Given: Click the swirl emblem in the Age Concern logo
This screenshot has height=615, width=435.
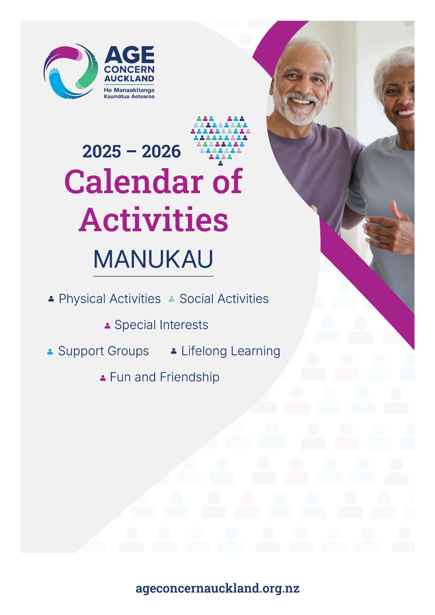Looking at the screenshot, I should pos(71,71).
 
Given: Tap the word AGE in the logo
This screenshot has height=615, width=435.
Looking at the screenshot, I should pos(129,55).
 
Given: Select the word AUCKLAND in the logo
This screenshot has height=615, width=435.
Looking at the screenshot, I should pos(129,78).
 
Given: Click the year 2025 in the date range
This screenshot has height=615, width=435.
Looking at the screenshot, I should pos(102,152).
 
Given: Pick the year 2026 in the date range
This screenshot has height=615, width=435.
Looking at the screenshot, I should pos(161,152).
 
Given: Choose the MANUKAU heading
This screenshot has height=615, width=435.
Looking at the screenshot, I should pos(153,260).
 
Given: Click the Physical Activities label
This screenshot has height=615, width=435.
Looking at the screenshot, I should pos(109,299).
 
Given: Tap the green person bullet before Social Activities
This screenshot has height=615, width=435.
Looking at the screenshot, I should pos(171,299).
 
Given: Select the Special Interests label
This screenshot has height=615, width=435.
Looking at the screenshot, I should pos(161,325).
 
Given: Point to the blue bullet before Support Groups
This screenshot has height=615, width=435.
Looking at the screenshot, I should pos(50,352).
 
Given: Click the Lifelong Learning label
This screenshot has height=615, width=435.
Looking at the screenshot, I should pos(231,351).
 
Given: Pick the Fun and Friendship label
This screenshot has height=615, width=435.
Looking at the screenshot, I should pos(164,377).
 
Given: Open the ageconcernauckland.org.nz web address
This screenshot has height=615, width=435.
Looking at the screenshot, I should pos(217,588).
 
